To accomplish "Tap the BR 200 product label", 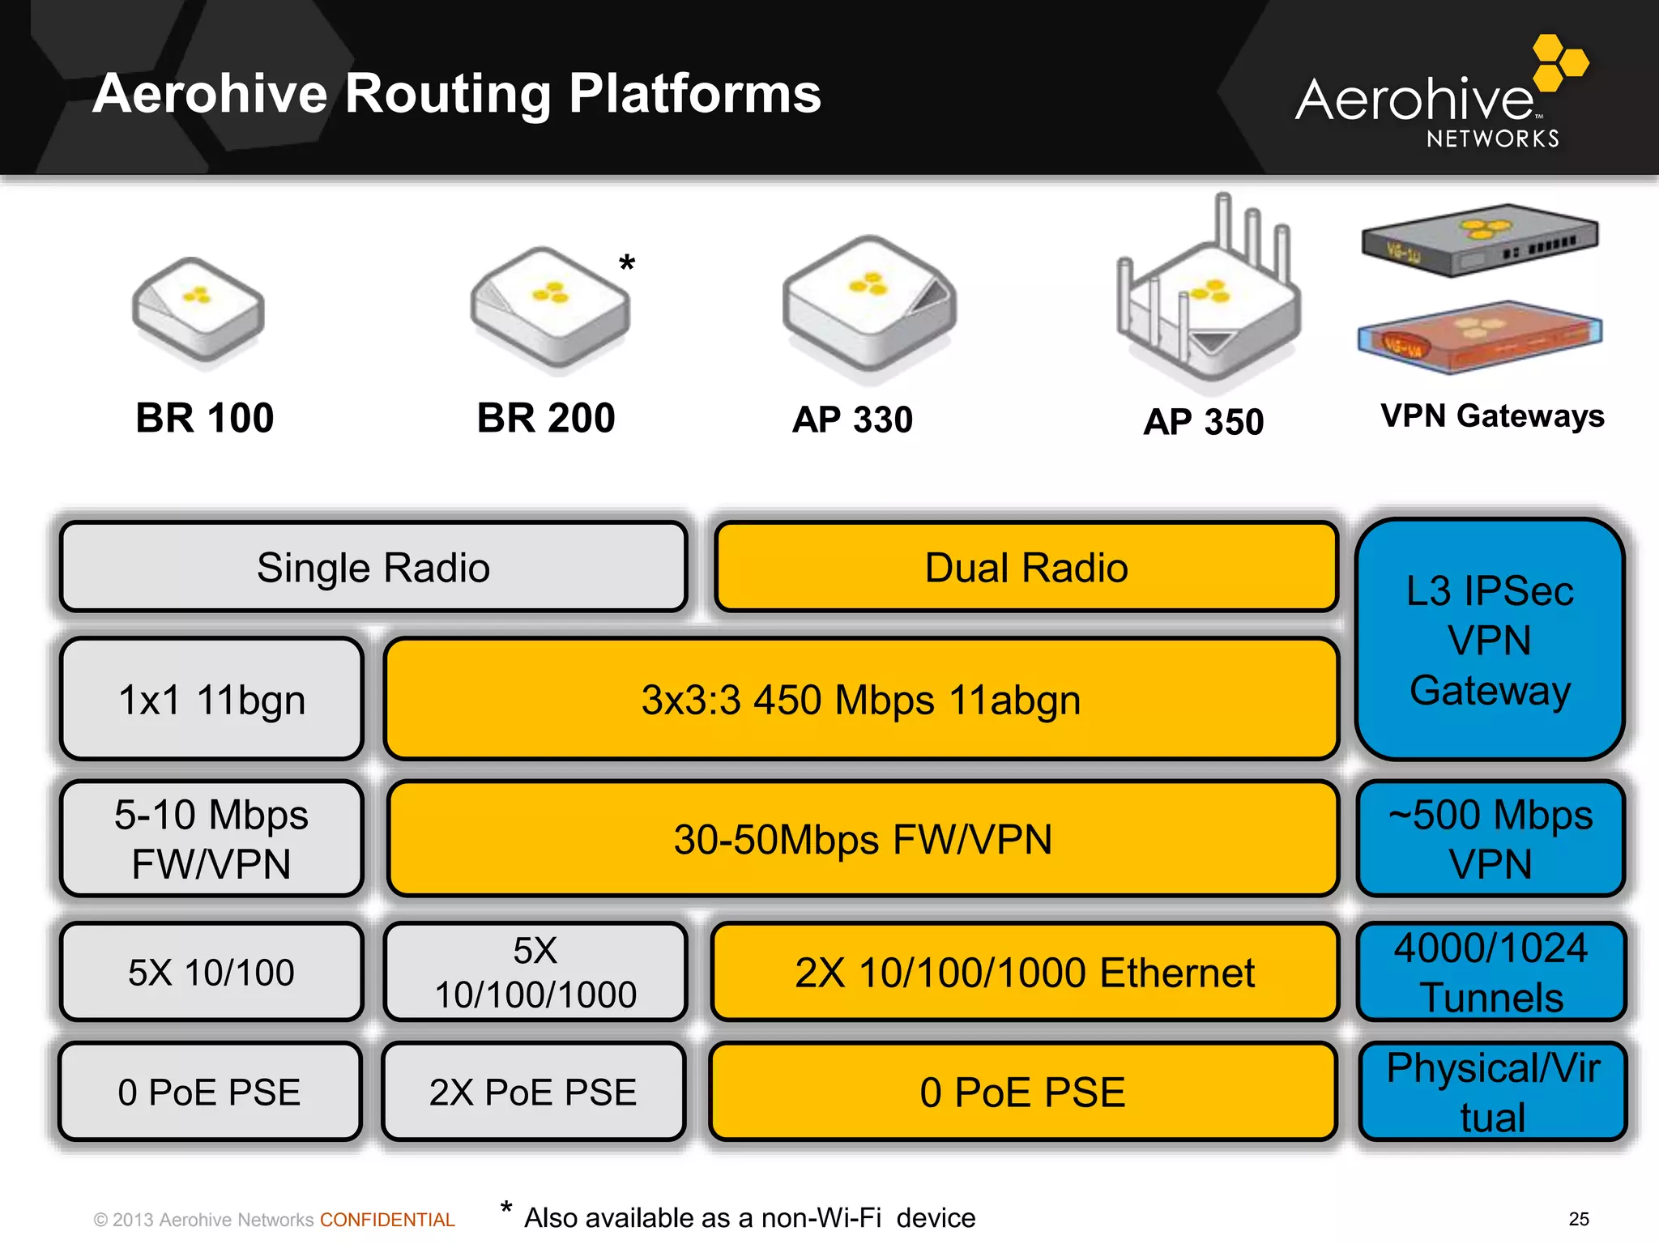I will pyautogui.click(x=546, y=418).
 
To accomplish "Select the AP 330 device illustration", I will pyautogui.click(x=869, y=305).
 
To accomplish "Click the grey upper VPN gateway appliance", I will pyautogui.click(x=1479, y=240).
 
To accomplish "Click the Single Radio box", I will pyautogui.click(x=373, y=567).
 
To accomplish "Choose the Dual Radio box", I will pyautogui.click(x=1026, y=567).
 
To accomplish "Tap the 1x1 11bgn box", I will pyautogui.click(x=211, y=700).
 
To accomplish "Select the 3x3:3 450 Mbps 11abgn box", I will pyautogui.click(x=861, y=700).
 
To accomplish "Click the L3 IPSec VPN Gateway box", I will pyautogui.click(x=1490, y=640).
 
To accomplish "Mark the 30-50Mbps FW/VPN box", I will pyautogui.click(x=863, y=839).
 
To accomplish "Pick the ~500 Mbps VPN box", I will pyautogui.click(x=1491, y=839).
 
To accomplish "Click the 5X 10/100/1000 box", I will pyautogui.click(x=535, y=972).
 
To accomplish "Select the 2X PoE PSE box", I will pyautogui.click(x=533, y=1092).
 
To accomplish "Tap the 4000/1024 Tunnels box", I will pyautogui.click(x=1491, y=972).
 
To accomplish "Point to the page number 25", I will pyautogui.click(x=1579, y=1219).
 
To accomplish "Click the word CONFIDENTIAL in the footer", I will pyautogui.click(x=387, y=1220).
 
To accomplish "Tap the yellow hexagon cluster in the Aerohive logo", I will pyautogui.click(x=1559, y=62).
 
